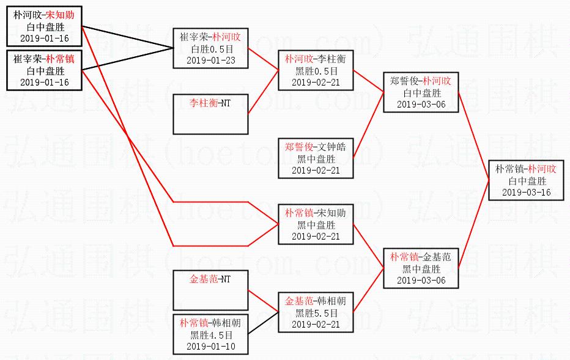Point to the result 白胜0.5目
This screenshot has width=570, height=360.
[210, 49]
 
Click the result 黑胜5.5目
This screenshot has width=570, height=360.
[316, 313]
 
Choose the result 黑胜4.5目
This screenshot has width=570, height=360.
[210, 335]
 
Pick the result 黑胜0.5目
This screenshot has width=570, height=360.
[316, 70]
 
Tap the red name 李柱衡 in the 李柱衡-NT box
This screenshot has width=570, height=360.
[203, 103]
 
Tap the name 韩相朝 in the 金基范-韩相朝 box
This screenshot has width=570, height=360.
[330, 301]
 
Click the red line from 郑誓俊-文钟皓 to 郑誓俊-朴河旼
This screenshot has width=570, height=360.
[369, 126]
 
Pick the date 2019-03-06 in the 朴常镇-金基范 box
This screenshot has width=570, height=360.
[421, 280]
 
